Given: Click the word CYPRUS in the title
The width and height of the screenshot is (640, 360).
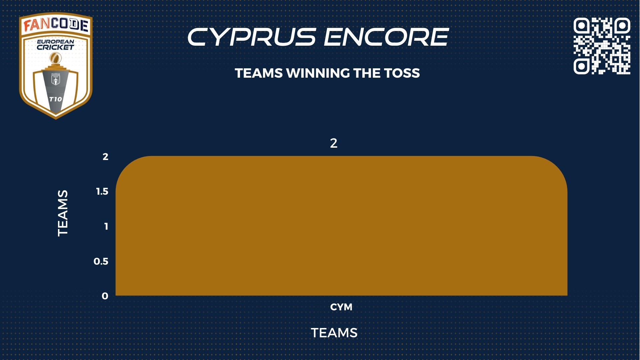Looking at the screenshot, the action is coord(252,37).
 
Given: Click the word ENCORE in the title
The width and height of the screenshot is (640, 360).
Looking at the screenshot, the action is coord(386,37).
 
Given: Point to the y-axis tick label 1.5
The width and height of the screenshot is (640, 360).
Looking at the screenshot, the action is coord(102,191).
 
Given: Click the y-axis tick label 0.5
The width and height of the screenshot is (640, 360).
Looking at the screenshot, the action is coord(101,261).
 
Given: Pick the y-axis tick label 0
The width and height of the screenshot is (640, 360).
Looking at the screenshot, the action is coord(105,296).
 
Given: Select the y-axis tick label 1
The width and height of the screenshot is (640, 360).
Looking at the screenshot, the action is coord(106,226).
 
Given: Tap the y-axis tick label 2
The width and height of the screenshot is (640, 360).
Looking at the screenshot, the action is coord(105,157).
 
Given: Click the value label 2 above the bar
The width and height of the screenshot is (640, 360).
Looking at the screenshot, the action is coord(334,143).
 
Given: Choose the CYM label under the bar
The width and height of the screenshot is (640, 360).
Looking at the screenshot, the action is coord(341,307).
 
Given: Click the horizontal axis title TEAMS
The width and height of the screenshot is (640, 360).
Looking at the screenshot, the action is coord(334,333).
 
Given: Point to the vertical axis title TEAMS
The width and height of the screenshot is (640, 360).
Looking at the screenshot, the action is coord(63,213).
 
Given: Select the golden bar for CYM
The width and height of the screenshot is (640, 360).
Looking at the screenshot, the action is coord(341,226).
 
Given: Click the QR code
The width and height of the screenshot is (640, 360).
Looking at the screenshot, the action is coord(602,46).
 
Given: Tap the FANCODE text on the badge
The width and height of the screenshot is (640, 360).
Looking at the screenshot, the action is coord(56,25).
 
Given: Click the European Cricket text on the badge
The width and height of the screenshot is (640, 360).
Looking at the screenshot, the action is coord(55,45).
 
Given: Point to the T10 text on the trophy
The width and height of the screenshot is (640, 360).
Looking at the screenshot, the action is coord(55,99).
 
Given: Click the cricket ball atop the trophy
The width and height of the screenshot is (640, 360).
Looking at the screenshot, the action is coord(55,59).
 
